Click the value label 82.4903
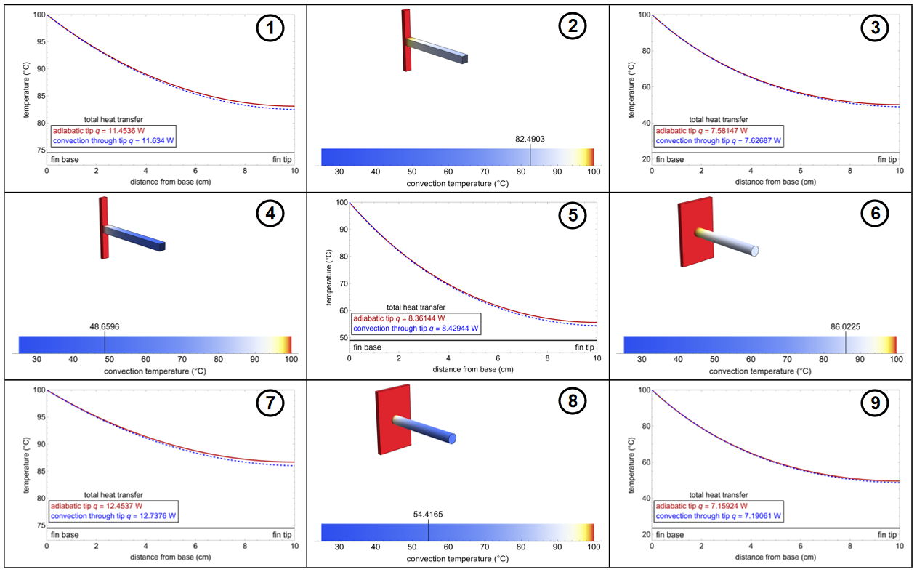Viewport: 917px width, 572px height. coord(530,137)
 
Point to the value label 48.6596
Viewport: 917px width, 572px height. coord(105,326)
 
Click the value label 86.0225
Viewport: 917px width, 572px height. coord(846,327)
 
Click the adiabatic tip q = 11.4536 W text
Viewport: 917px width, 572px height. coord(94,132)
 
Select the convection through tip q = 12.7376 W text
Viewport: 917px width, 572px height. coord(113,515)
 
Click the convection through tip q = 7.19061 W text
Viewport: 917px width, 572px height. coord(708,515)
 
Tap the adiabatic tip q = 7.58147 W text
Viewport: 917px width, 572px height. coord(698,132)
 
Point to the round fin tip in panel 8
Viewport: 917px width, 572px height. coord(451,438)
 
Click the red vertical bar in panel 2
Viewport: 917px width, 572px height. coord(406,40)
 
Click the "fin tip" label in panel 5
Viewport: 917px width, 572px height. coord(584,347)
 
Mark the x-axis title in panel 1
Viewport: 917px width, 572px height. coord(171,182)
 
